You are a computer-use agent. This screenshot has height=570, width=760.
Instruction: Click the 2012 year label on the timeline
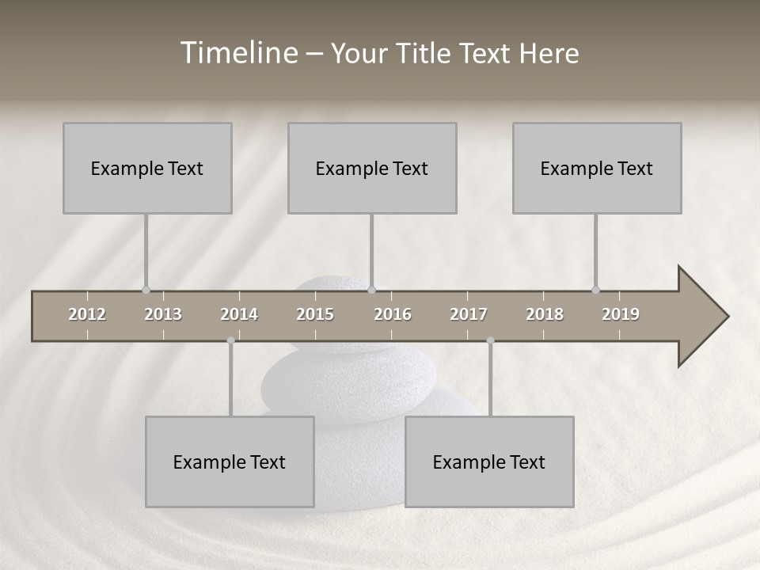click(x=87, y=314)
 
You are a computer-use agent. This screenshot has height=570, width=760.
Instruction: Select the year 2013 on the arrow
click(x=163, y=314)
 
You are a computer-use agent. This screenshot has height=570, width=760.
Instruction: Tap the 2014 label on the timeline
click(x=239, y=314)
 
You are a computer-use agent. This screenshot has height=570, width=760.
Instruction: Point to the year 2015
click(x=315, y=314)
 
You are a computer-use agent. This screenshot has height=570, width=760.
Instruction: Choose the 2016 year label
click(x=393, y=314)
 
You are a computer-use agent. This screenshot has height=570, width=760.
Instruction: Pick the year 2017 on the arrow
click(x=469, y=314)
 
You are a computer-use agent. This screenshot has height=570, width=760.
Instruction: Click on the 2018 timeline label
click(x=545, y=314)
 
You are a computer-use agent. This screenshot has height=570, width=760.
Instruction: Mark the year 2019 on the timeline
click(x=621, y=314)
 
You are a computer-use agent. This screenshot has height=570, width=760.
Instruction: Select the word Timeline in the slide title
click(x=237, y=53)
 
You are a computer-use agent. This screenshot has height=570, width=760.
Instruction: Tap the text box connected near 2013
click(x=147, y=168)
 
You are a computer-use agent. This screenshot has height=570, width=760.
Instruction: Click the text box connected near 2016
click(x=372, y=168)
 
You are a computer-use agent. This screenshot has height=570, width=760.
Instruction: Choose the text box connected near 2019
click(x=597, y=168)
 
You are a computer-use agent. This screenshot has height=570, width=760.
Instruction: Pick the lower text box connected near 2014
click(x=230, y=462)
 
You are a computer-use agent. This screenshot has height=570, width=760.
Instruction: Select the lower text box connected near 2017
click(x=489, y=462)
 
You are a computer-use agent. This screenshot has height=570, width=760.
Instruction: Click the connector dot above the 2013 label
click(x=146, y=290)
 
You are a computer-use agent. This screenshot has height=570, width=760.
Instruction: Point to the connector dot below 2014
click(x=230, y=340)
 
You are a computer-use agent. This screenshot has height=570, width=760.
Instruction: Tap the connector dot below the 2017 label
click(x=490, y=340)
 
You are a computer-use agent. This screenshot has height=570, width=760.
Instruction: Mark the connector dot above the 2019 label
click(x=595, y=290)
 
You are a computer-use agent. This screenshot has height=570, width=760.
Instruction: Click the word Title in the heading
click(x=427, y=54)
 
